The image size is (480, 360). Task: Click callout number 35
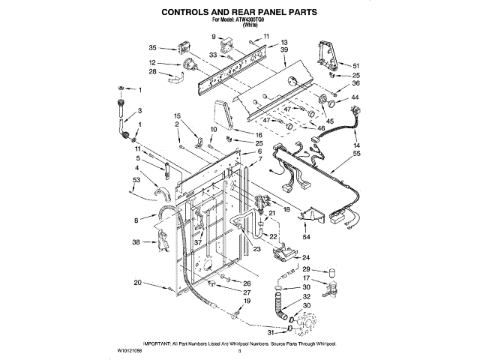click(x=153, y=48)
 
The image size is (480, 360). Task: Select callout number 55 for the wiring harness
click(x=356, y=153)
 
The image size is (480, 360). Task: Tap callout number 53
click(x=136, y=181)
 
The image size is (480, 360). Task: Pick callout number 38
click(x=136, y=242)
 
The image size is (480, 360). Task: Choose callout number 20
click(x=137, y=282)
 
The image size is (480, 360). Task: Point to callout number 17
click(x=306, y=279)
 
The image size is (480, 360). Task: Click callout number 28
click(x=152, y=72)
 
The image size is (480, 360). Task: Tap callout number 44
click(x=355, y=98)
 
